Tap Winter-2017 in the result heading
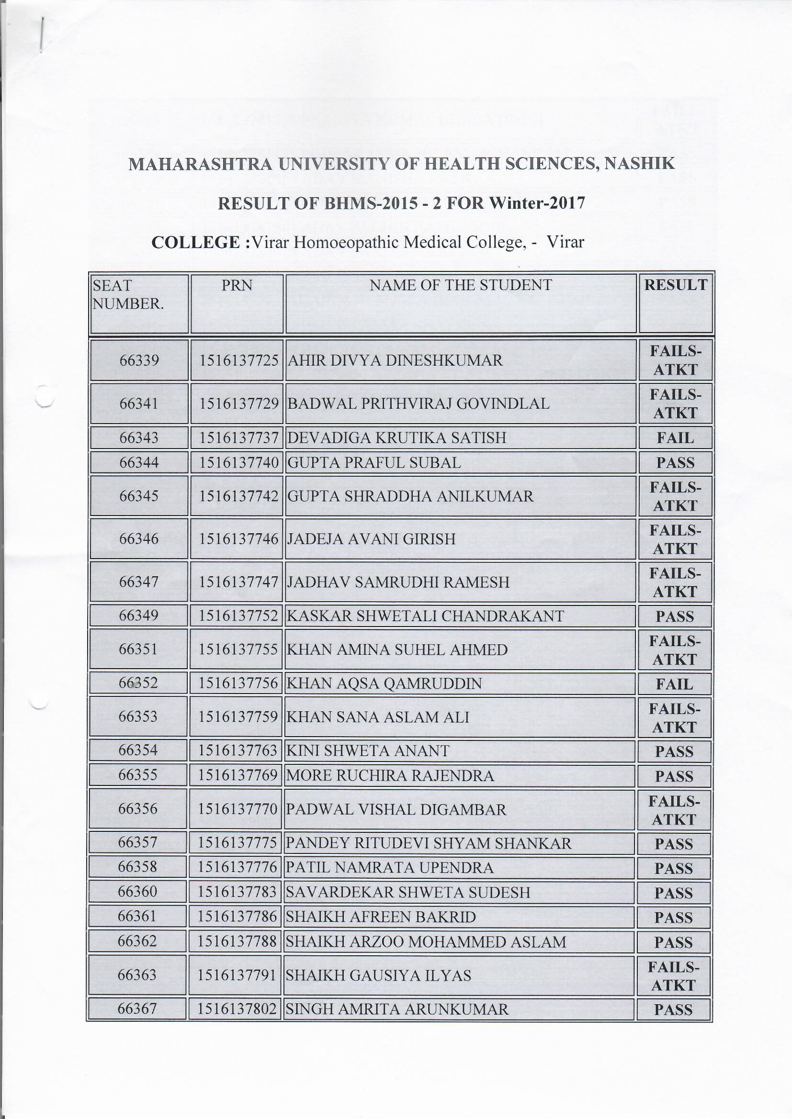point(536,203)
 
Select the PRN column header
point(237,285)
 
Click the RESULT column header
point(676,285)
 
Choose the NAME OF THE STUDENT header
point(460,285)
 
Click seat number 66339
point(139,360)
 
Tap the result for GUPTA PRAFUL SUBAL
point(675,462)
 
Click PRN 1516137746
point(238,539)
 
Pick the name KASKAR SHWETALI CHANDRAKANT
point(425,616)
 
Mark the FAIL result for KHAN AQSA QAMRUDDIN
point(675,684)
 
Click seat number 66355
point(138,775)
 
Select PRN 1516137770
point(238,809)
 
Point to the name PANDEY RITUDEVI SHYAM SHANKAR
point(428,843)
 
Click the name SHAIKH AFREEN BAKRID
point(380,917)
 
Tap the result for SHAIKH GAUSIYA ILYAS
point(674,976)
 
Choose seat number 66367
point(137,1009)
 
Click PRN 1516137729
point(238,403)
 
